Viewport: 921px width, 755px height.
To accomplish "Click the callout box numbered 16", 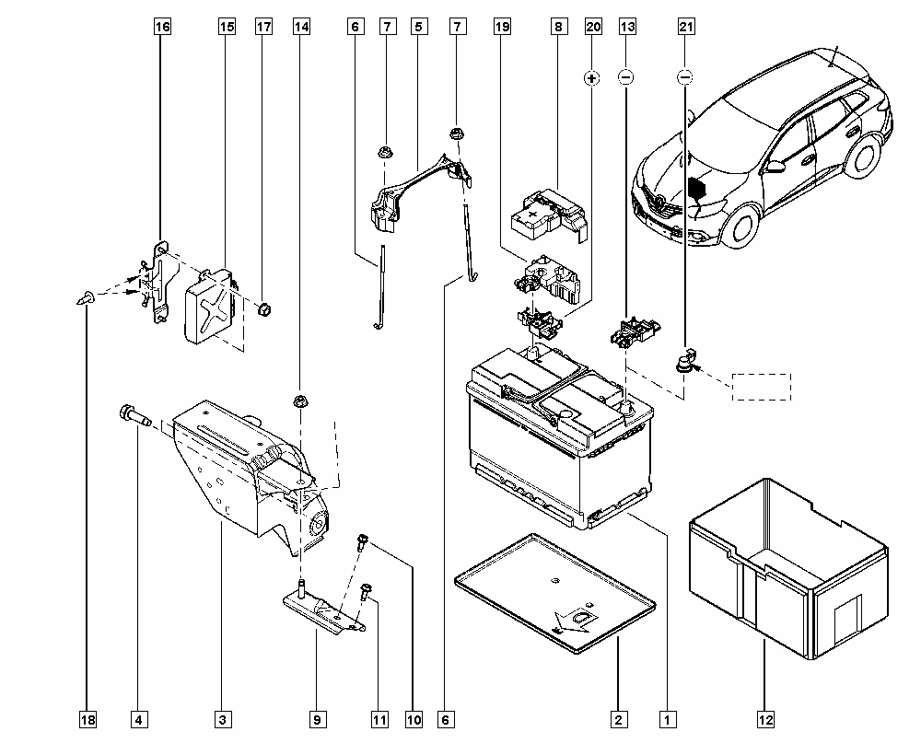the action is pyautogui.click(x=162, y=27).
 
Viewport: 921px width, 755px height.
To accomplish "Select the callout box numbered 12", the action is pyautogui.click(x=766, y=719).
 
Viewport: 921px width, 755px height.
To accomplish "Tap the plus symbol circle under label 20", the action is pyautogui.click(x=592, y=77).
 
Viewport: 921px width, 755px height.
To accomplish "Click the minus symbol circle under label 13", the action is pyautogui.click(x=626, y=77).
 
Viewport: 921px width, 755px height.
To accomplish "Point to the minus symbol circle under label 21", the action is pyautogui.click(x=685, y=77).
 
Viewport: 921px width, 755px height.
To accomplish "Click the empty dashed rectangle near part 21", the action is pyautogui.click(x=762, y=387).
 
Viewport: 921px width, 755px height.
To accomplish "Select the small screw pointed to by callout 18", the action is pyautogui.click(x=86, y=297).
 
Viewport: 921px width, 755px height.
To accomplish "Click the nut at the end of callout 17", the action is pyautogui.click(x=265, y=308).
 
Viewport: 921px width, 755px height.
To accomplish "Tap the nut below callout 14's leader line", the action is pyautogui.click(x=301, y=401).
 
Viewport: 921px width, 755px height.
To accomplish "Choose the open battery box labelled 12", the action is pyautogui.click(x=789, y=568).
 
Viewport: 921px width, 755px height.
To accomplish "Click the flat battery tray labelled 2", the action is pyautogui.click(x=555, y=593).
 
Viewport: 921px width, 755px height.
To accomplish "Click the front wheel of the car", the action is pyautogui.click(x=742, y=226).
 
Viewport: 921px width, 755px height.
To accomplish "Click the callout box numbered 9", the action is pyautogui.click(x=317, y=719).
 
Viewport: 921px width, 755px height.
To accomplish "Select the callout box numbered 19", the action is pyautogui.click(x=502, y=27).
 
